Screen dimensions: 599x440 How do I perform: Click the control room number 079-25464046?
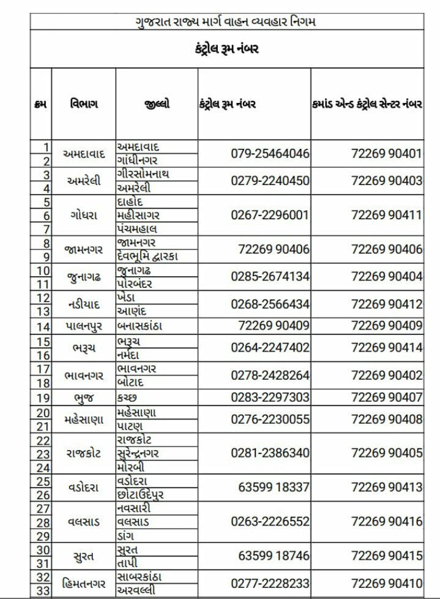point(270,153)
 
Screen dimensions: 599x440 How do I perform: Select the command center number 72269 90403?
point(386,181)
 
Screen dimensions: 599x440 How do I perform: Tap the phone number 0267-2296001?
point(270,215)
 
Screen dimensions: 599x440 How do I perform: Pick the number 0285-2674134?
point(270,276)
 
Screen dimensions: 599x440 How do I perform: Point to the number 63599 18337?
point(274,488)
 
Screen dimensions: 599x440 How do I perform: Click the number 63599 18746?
point(274,556)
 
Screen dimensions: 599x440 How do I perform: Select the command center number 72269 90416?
point(386,522)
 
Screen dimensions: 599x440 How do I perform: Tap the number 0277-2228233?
point(270,583)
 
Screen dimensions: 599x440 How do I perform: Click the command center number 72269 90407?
point(386,397)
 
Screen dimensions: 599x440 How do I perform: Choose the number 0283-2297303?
point(270,397)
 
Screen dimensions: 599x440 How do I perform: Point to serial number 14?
point(42,325)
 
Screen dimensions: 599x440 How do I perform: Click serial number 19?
point(42,397)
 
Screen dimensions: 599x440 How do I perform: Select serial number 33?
point(42,590)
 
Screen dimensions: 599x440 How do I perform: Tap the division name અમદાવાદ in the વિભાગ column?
point(84,154)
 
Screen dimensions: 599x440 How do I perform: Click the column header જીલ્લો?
point(157,104)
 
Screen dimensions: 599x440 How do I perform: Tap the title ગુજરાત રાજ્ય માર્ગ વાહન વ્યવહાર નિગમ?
point(226,23)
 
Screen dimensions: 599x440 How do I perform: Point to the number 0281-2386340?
point(270,453)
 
